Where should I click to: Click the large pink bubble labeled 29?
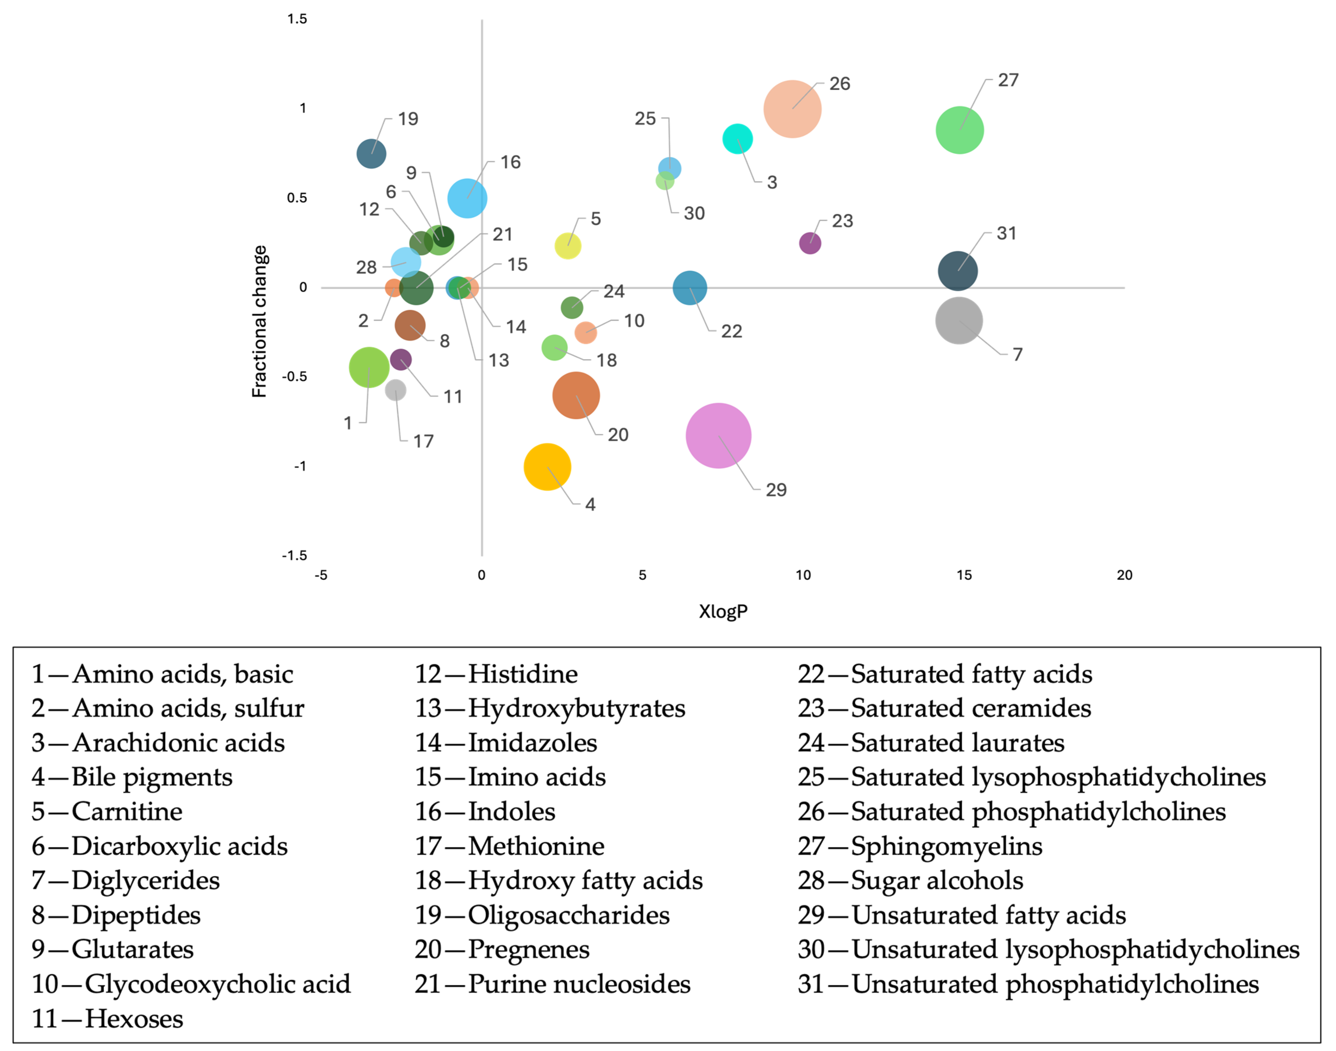click(x=718, y=436)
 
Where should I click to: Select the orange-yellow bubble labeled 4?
click(x=547, y=467)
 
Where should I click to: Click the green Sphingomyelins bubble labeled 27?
click(x=959, y=130)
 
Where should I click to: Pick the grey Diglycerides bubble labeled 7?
click(x=959, y=320)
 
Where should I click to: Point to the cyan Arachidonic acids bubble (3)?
click(x=737, y=138)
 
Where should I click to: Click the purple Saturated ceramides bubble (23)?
click(x=810, y=243)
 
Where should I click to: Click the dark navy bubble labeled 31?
click(x=958, y=271)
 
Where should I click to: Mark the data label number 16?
click(x=510, y=162)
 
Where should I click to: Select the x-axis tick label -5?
click(x=321, y=575)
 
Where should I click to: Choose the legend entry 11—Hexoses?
click(x=108, y=1018)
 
